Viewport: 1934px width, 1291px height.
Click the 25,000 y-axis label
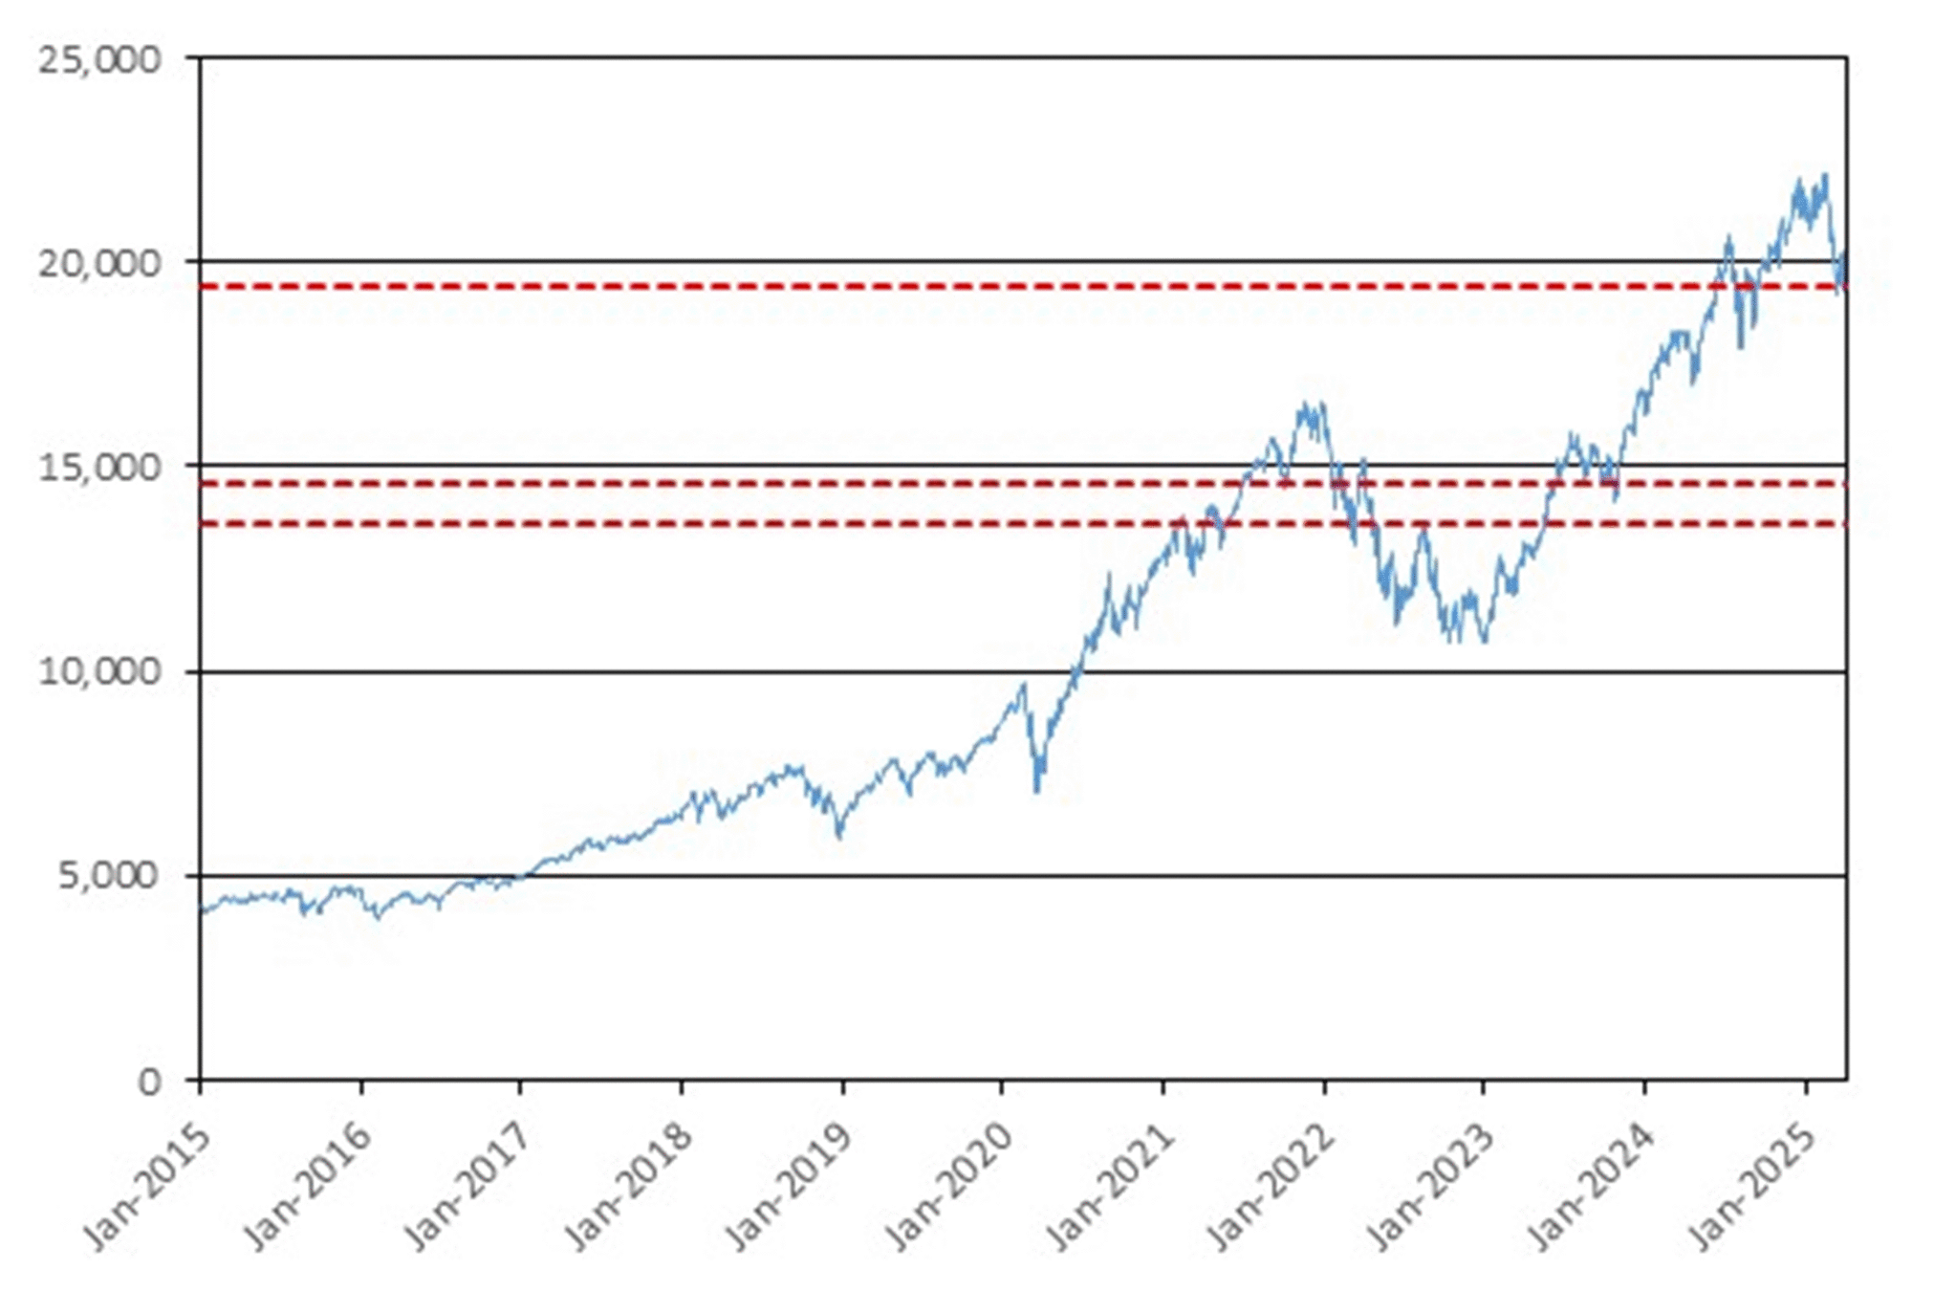tap(99, 60)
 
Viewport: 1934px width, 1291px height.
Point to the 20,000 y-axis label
tap(99, 264)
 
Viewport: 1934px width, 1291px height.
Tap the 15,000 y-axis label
tap(99, 468)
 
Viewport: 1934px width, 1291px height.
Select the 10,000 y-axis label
tap(99, 672)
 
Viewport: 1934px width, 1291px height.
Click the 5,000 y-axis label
tap(109, 876)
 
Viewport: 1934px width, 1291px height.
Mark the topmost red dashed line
tap(1023, 287)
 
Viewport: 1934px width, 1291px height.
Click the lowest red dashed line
tap(1023, 523)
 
